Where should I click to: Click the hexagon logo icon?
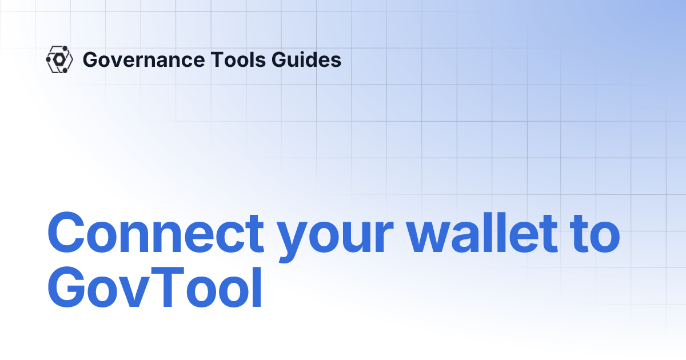59,59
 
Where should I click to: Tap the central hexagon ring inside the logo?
59,59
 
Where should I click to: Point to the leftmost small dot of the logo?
47,59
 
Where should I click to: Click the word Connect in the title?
155,234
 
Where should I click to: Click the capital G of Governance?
89,59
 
